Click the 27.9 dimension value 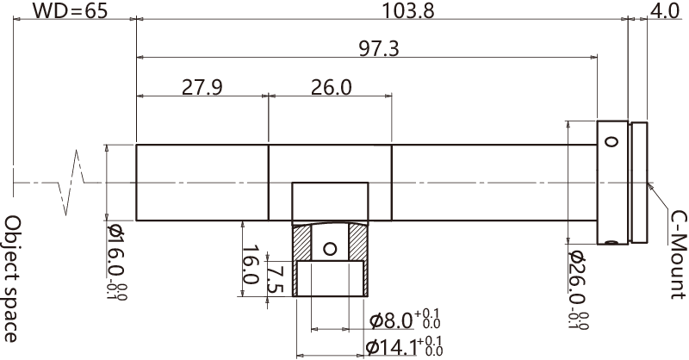click(202, 86)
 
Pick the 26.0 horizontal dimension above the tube click(331, 86)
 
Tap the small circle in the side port click(329, 250)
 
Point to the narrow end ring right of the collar click(640, 183)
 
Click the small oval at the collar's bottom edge click(611, 243)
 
